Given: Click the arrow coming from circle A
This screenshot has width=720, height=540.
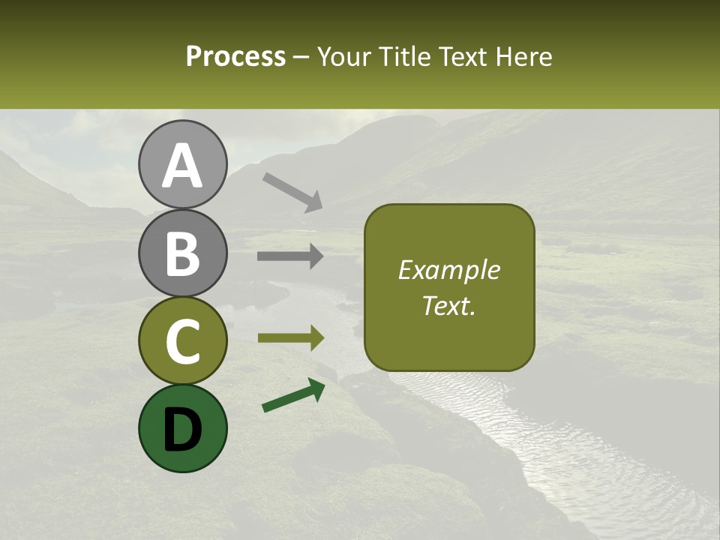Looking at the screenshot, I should [292, 192].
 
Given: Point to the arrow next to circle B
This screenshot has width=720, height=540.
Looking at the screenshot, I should [290, 256].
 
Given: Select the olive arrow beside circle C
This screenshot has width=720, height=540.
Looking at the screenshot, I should [291, 338].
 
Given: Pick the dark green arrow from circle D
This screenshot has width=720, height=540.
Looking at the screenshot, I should [293, 396].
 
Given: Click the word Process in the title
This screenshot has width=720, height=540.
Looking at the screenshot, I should [235, 57].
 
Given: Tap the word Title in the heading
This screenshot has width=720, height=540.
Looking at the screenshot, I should [404, 57].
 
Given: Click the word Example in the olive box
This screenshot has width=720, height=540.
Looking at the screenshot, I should [449, 271].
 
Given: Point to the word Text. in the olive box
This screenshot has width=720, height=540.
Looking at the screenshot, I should [449, 306].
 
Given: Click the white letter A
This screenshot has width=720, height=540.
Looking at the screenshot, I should [182, 166].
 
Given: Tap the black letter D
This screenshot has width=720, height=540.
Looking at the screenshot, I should [182, 429].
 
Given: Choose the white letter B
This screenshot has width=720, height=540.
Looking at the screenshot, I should [182, 254].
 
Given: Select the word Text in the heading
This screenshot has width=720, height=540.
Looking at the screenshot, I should [461, 57].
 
